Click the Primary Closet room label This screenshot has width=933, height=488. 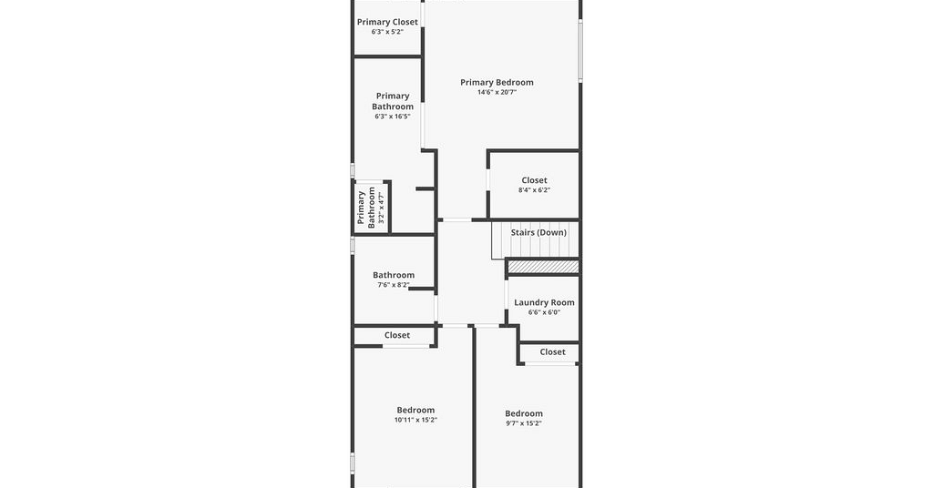[x=387, y=22]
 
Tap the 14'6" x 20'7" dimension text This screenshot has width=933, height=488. [x=497, y=92]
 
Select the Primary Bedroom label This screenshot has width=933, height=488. [x=497, y=82]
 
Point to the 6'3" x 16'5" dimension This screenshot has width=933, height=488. [x=393, y=117]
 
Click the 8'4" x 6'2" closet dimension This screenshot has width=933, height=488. [x=534, y=190]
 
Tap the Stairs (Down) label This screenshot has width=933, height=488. [x=538, y=232]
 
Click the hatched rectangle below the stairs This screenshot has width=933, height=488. [x=543, y=266]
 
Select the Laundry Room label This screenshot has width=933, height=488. [x=545, y=302]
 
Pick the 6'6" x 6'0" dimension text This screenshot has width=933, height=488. [x=545, y=312]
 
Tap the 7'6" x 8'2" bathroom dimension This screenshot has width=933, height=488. [x=394, y=285]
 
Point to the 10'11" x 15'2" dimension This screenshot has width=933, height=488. [x=415, y=420]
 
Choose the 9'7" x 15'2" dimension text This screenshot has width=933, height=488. [x=524, y=423]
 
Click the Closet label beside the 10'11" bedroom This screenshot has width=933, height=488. [x=397, y=335]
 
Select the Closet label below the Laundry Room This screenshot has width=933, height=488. [x=552, y=351]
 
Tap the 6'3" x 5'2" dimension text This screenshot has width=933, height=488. [x=387, y=32]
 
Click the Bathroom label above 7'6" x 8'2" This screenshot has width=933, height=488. [x=394, y=275]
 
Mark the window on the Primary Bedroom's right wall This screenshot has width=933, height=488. [x=580, y=50]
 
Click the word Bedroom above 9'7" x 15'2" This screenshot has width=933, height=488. [x=524, y=413]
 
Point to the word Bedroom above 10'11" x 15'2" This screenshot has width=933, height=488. [x=415, y=410]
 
